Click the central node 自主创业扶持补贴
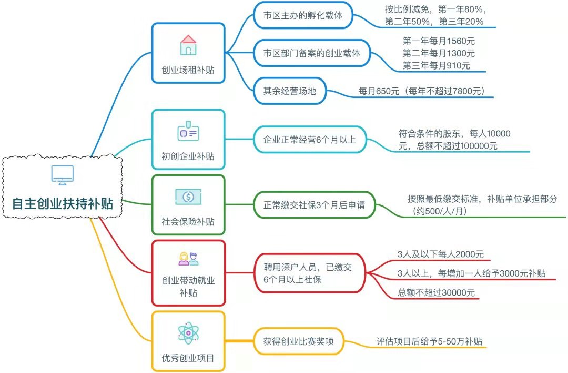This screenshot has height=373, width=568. coord(63,203)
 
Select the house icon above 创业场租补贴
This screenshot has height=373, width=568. coord(188,45)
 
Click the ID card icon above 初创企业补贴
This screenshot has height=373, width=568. coord(188,133)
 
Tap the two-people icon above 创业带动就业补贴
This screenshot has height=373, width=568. coord(188,259)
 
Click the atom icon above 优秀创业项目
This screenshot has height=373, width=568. coord(188,333)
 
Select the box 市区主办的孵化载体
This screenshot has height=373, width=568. coord(303,15)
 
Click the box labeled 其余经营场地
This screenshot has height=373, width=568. coord(290,91)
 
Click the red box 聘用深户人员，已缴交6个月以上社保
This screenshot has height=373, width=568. coord(309,273)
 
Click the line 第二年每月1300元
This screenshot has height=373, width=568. coord(439,53)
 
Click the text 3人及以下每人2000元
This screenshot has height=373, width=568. coord(441,254)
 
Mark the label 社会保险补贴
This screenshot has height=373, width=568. coord(188,222)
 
